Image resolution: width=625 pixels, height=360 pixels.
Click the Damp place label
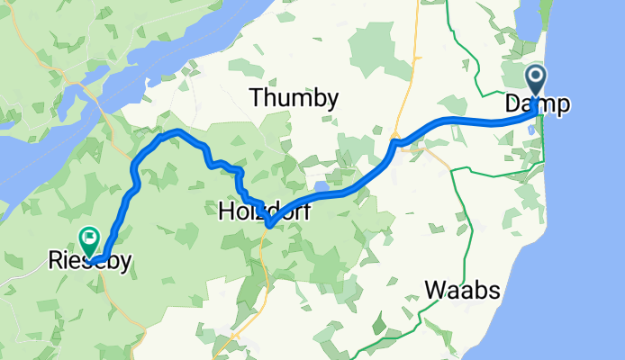(x=537, y=105)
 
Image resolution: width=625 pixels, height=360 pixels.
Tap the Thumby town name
(x=294, y=98)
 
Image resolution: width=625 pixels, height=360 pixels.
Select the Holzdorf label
(x=256, y=213)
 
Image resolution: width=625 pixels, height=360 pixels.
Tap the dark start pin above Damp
(x=535, y=80)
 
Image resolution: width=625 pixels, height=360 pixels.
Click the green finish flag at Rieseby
(x=89, y=239)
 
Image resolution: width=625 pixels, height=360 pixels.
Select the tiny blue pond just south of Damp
(x=531, y=130)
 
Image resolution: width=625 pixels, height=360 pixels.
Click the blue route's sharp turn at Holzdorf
(x=268, y=224)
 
